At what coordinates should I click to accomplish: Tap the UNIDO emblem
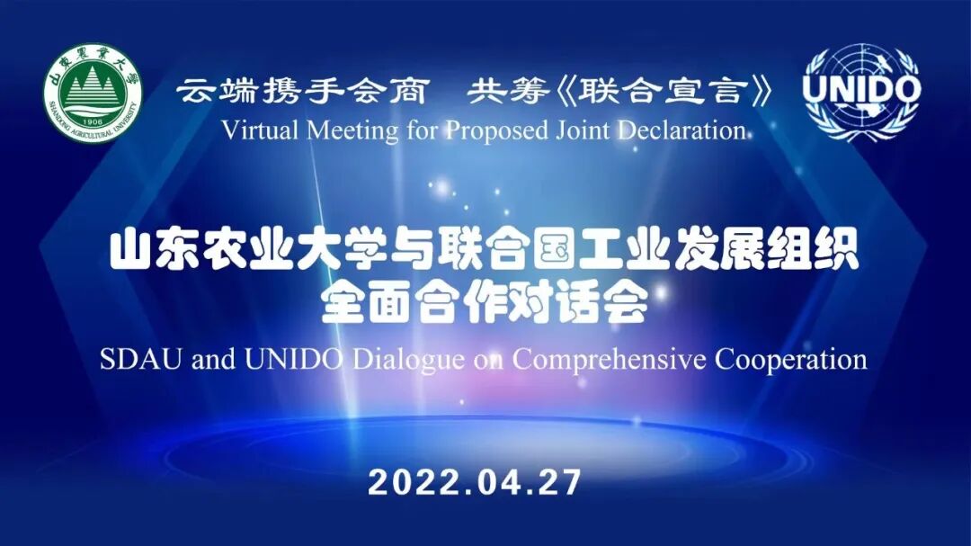tap(860, 92)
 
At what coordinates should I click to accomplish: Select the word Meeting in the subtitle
tap(338, 130)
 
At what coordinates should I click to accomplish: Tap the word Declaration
tap(685, 130)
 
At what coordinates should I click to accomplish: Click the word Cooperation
tap(791, 360)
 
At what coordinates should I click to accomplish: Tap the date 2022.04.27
tap(474, 483)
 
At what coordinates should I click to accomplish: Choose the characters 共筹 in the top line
tap(499, 92)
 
